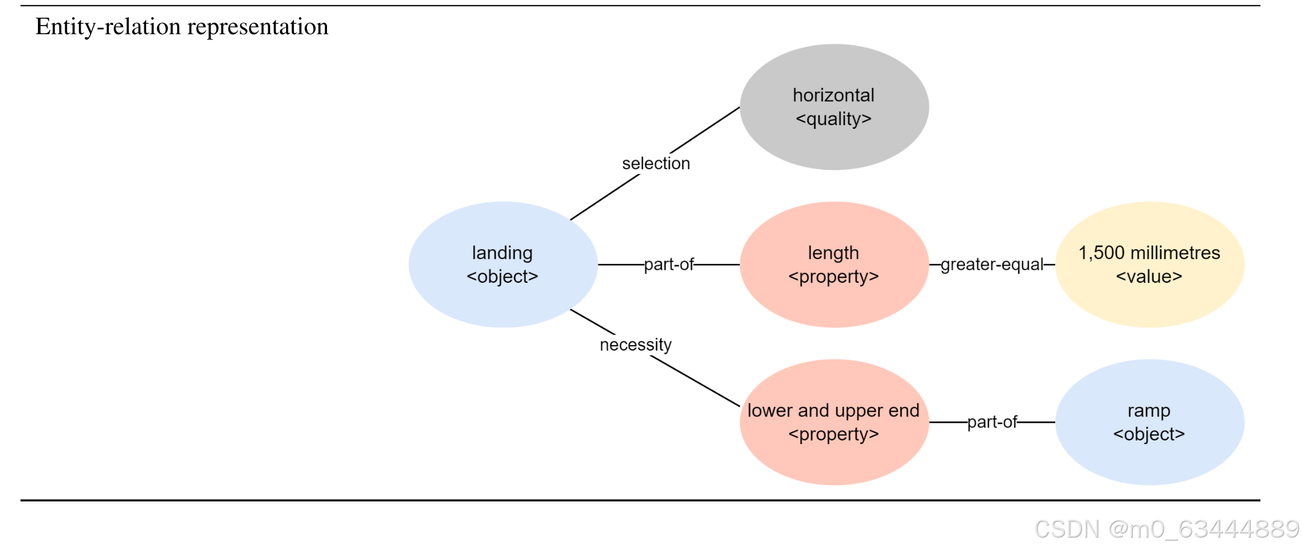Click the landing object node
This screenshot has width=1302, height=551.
(x=502, y=265)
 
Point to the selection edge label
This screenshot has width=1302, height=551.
(x=656, y=164)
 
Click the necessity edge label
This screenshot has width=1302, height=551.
(x=636, y=345)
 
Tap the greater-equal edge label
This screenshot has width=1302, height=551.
(x=991, y=265)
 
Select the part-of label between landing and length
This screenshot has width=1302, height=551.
(x=669, y=265)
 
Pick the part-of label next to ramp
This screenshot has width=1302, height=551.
(x=991, y=422)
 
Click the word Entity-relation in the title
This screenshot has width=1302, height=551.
(x=108, y=27)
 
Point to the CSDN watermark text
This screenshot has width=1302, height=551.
(x=1166, y=529)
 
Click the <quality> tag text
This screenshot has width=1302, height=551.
(x=834, y=119)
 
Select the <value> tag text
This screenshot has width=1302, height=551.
(x=1149, y=277)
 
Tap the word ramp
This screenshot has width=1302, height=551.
(x=1149, y=411)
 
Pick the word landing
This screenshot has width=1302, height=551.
(x=502, y=253)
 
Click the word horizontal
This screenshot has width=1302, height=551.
(x=834, y=95)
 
